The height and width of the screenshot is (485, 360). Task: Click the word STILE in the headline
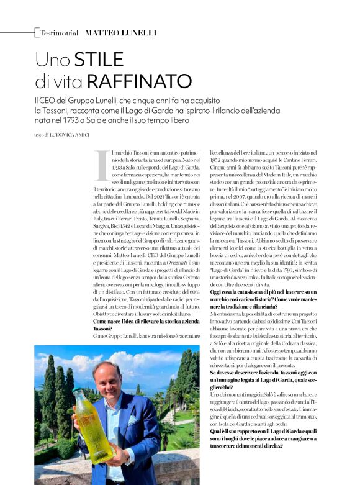100,60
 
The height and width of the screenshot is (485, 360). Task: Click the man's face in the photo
107,378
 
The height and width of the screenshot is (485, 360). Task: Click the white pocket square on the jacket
132,419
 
